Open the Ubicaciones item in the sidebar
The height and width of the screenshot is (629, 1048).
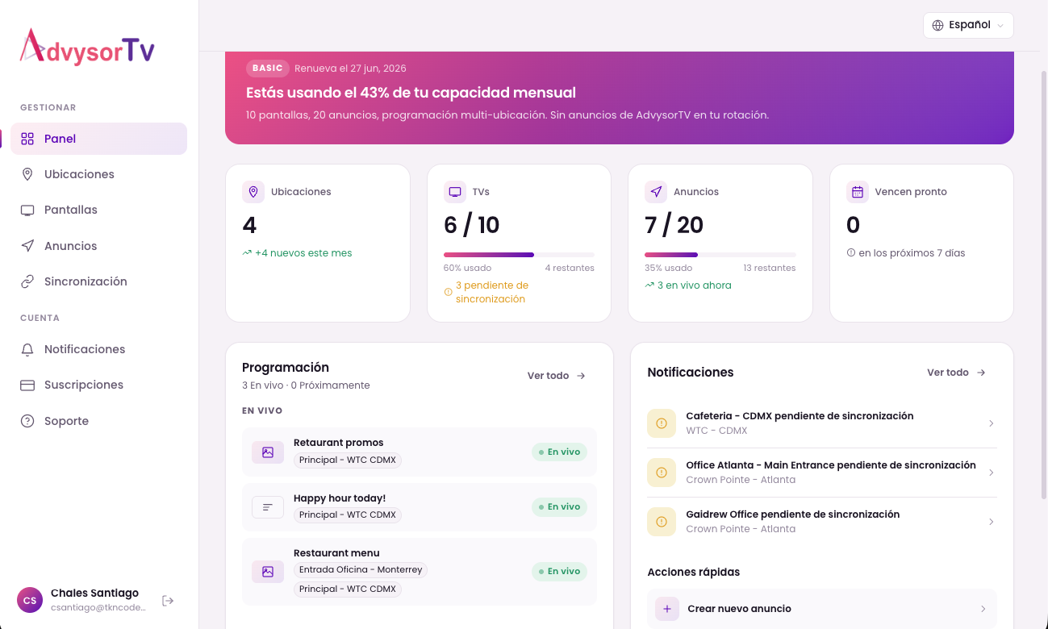tap(79, 174)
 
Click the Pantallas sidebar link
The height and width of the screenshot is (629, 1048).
tap(71, 210)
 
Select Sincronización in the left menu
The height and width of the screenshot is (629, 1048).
tap(86, 281)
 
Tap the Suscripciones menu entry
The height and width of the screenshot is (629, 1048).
tap(84, 385)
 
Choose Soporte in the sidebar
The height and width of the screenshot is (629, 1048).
tap(66, 421)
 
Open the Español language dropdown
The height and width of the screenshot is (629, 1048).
tap(968, 25)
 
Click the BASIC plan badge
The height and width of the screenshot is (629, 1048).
tap(268, 69)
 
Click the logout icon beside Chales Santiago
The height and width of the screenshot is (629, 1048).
tap(168, 601)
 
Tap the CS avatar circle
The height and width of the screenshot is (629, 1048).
tap(30, 600)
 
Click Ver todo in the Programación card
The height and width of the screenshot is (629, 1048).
tap(557, 376)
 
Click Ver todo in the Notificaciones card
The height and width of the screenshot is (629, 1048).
tap(956, 373)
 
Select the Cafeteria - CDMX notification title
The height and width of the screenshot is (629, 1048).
tap(800, 416)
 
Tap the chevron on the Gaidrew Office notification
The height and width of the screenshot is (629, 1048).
tap(991, 522)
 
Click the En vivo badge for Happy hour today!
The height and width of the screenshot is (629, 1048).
tap(559, 507)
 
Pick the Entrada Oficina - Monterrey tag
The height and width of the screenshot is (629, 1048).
tap(361, 570)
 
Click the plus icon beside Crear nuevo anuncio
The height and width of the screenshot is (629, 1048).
tap(667, 609)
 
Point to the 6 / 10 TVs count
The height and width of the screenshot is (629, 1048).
tap(472, 225)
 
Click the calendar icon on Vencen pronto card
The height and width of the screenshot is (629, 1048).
tap(857, 192)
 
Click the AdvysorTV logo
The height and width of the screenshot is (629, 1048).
tap(87, 48)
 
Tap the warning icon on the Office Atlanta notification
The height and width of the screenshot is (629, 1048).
tap(662, 473)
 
